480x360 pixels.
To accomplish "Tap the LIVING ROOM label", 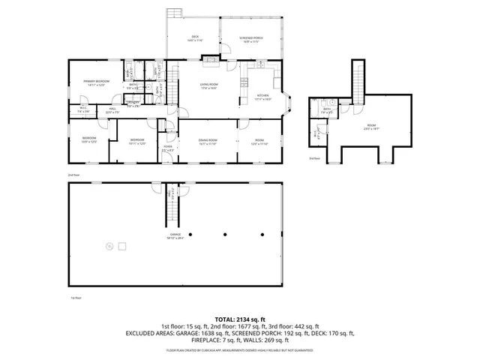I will pyautogui.click(x=208, y=85).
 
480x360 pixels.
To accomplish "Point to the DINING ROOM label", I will pyautogui.click(x=208, y=141).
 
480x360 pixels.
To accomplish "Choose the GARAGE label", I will pyautogui.click(x=175, y=236).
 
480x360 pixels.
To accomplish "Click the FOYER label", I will pyautogui.click(x=168, y=147).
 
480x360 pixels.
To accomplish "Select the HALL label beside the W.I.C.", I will pyautogui.click(x=112, y=110).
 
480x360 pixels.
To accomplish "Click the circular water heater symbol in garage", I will pyautogui.click(x=109, y=245).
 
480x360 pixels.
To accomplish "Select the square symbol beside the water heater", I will pyautogui.click(x=124, y=245).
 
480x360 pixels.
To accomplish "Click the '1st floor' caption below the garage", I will pyautogui.click(x=75, y=298).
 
